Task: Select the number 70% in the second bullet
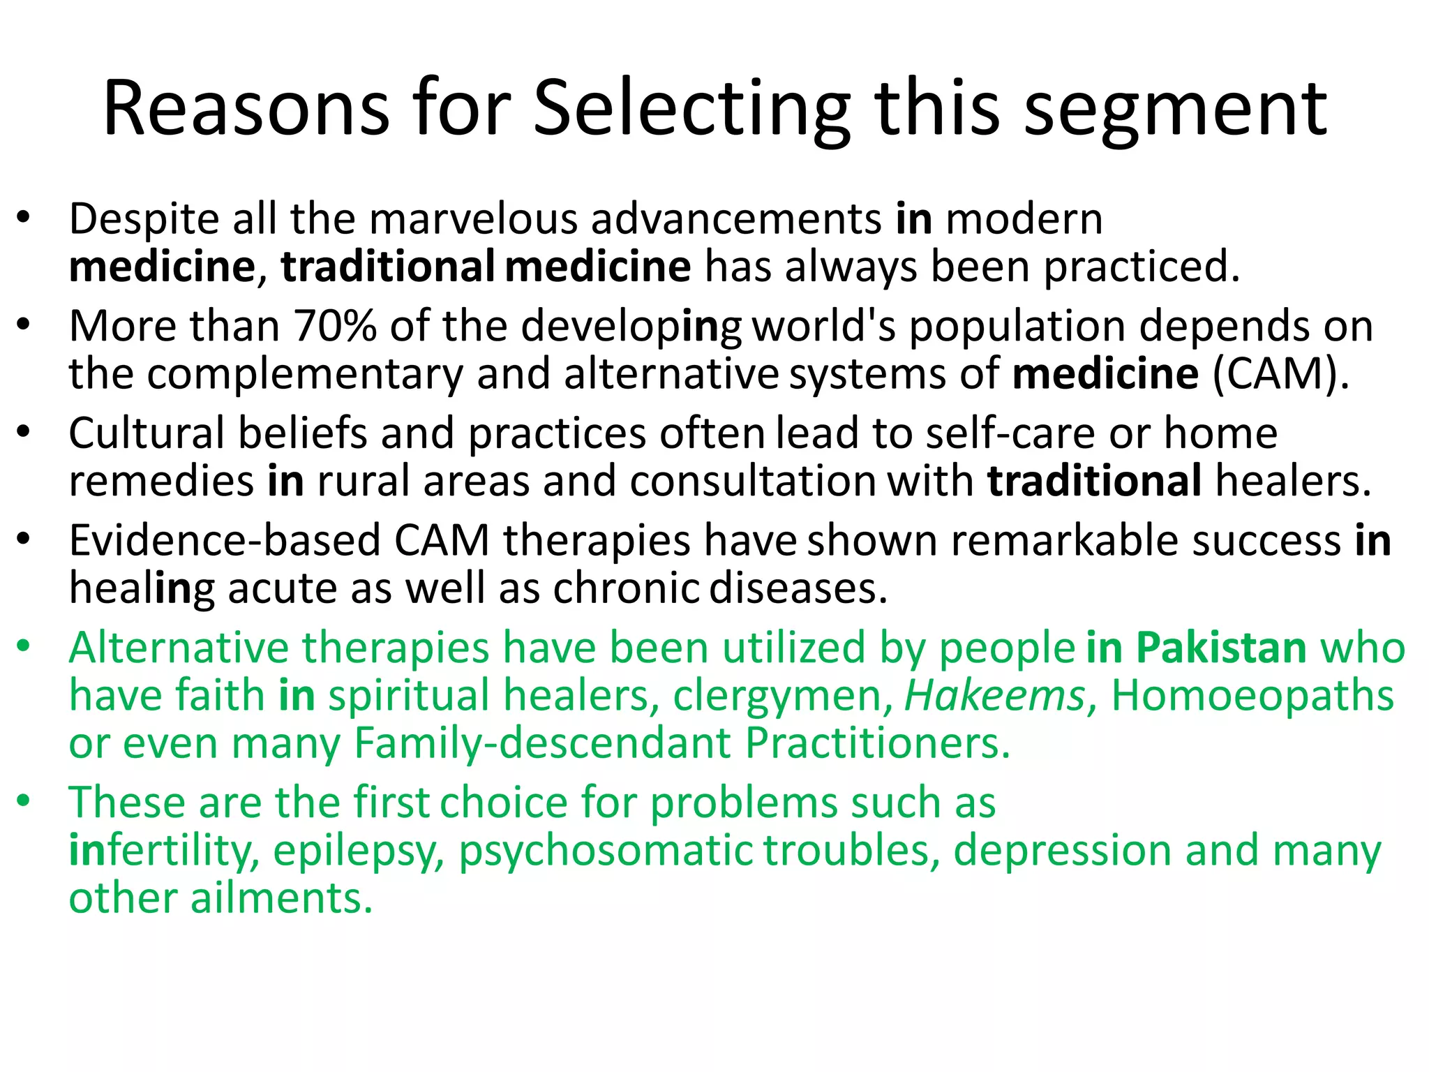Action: point(335,326)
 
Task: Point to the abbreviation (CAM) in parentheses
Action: point(1280,374)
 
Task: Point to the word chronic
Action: point(626,588)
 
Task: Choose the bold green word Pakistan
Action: point(1221,648)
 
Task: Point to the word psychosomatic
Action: point(605,851)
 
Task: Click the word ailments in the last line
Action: point(281,898)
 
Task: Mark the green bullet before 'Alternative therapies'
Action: point(24,647)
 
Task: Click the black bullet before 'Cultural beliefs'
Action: point(24,433)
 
